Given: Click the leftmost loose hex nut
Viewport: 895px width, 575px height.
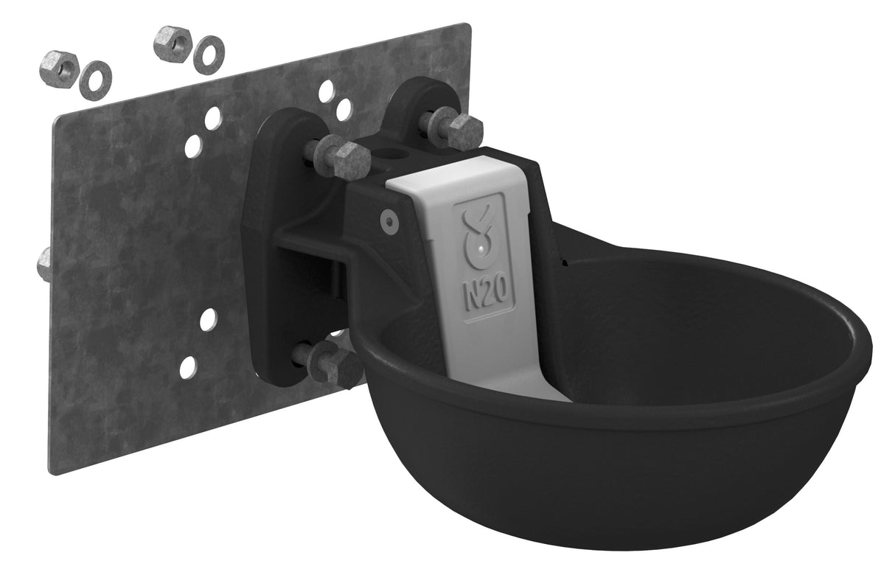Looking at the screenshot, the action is [x=59, y=69].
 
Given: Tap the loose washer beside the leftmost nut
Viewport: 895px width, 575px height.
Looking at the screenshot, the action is [x=96, y=80].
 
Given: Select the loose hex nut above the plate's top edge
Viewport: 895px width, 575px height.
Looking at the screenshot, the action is [x=173, y=43].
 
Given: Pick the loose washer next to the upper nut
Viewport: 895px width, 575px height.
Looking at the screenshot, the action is [x=209, y=55].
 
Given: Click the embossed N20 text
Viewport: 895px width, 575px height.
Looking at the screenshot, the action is [x=485, y=293].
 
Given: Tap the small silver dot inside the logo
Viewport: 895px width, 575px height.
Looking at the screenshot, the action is [x=482, y=249].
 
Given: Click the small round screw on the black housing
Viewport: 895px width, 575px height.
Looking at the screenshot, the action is [x=389, y=220].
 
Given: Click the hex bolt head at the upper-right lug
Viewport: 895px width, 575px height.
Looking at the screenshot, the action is [x=464, y=131].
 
